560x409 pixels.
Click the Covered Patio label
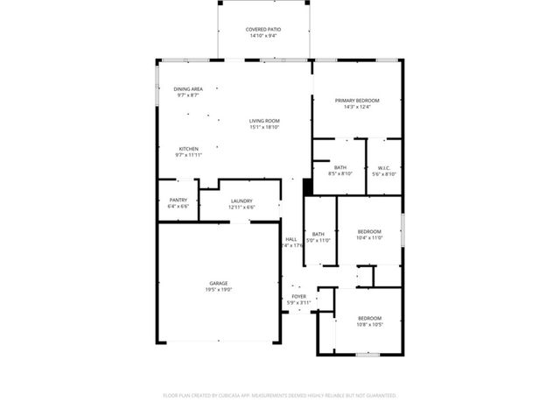click(x=263, y=30)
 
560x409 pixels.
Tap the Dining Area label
click(x=188, y=88)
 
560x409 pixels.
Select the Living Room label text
click(x=263, y=121)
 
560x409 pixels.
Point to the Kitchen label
click(x=188, y=149)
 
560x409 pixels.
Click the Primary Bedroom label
click(x=357, y=101)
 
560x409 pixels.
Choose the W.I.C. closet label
click(x=384, y=167)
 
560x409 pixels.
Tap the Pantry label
click(x=178, y=200)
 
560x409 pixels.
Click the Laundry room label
click(x=241, y=200)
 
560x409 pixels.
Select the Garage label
click(x=218, y=283)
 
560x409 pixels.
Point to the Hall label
click(x=291, y=239)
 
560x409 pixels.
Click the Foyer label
click(x=299, y=296)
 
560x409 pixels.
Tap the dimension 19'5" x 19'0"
click(x=218, y=290)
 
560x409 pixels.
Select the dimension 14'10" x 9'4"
click(x=263, y=37)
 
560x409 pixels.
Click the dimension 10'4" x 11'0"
click(x=369, y=237)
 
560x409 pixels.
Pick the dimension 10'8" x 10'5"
click(x=369, y=324)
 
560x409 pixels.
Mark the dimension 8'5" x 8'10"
click(x=339, y=174)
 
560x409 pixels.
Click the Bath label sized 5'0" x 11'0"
click(x=318, y=233)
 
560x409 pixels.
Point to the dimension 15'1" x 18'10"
click(x=263, y=128)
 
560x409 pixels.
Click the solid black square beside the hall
click(x=307, y=187)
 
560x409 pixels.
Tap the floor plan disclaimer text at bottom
click(x=280, y=396)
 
